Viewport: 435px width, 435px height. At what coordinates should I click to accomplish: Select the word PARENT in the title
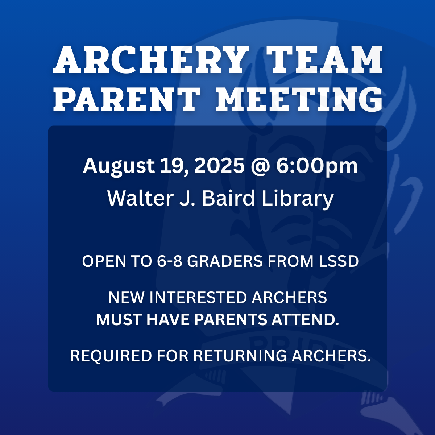(x=127, y=99)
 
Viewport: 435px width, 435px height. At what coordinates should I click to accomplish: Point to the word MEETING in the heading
(x=299, y=99)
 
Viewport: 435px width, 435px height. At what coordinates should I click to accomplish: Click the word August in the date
(x=119, y=166)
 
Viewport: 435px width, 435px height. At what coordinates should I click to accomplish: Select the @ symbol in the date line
(x=260, y=167)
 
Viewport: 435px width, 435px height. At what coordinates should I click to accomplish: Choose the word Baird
(x=228, y=198)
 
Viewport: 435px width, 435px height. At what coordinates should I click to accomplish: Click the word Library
(x=298, y=199)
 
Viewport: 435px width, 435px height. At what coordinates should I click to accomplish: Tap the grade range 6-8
(x=169, y=261)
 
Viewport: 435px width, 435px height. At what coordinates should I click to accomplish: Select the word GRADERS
(x=225, y=261)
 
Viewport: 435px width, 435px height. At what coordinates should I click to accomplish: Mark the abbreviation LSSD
(x=339, y=261)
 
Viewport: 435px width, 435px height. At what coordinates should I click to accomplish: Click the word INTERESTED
(x=198, y=297)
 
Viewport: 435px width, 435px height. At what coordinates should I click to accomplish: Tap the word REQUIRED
(x=111, y=356)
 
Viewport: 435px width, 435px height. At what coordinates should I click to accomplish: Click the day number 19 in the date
(x=174, y=166)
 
